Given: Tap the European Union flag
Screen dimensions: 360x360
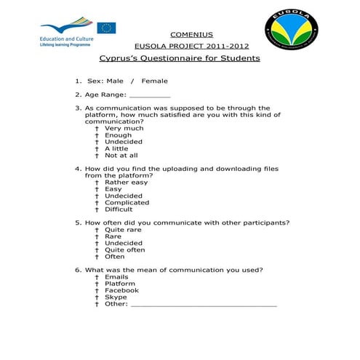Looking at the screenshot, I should point(107,28).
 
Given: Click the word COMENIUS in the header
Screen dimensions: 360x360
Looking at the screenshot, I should point(191,34).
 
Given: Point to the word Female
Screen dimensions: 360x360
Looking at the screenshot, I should point(154,81).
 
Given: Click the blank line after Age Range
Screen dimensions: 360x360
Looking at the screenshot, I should point(150,95).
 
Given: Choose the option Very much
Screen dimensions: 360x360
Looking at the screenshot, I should point(124,128).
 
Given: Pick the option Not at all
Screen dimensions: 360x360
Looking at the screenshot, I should point(121,155).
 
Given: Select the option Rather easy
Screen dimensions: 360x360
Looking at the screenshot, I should point(126,183).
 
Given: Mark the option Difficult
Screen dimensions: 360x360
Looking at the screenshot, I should point(119,209).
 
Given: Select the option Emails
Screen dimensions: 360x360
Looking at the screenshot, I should point(116,277).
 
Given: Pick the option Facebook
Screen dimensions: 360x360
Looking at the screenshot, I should point(121,290).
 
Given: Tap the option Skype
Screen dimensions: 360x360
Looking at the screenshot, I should point(116,297).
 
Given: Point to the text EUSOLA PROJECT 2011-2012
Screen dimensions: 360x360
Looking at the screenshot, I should point(191,46).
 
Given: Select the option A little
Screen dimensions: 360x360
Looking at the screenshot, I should point(116,148).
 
